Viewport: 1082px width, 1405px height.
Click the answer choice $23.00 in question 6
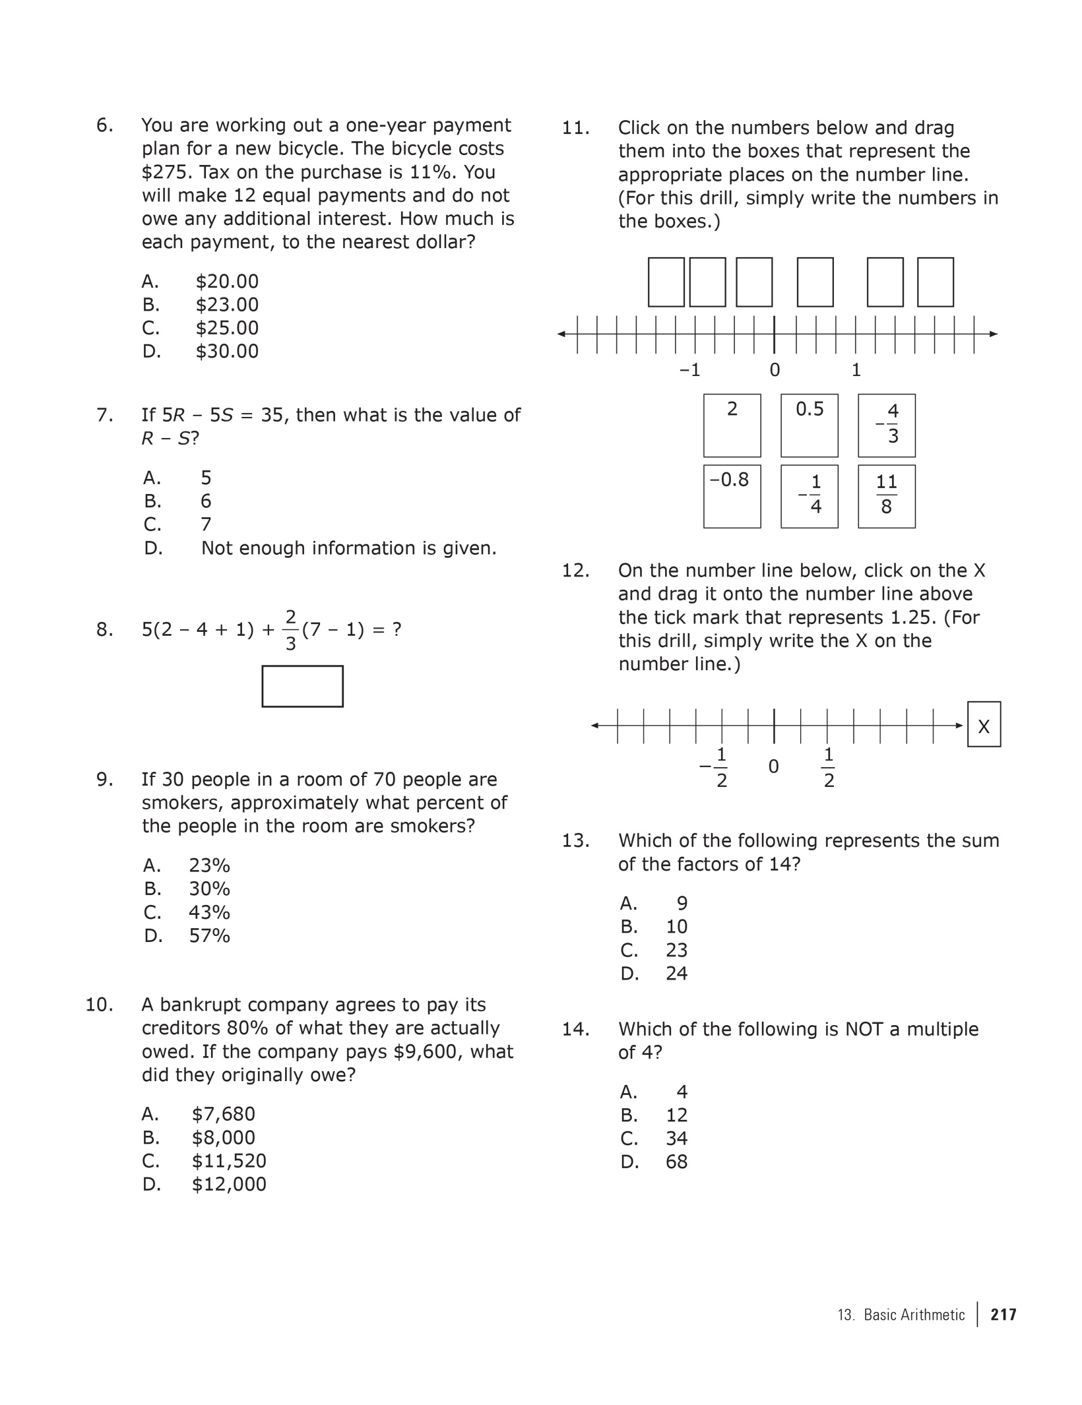coord(226,305)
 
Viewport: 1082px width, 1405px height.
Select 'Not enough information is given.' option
coord(348,548)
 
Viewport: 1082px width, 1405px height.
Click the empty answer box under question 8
coord(302,686)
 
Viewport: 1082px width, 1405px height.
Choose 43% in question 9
coord(209,912)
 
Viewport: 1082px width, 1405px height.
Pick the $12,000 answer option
coord(228,1184)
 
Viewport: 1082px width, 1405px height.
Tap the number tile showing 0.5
coord(809,425)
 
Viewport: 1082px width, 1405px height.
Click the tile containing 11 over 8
coord(886,496)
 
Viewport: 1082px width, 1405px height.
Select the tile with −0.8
coord(732,496)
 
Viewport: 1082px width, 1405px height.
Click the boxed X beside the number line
coord(983,724)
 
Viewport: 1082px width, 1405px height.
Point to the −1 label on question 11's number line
coord(689,370)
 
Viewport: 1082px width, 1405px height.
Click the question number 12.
coord(575,571)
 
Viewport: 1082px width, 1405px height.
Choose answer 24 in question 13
coord(676,974)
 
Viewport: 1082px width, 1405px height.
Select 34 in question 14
coord(676,1139)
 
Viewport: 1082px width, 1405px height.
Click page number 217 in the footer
coord(1003,1315)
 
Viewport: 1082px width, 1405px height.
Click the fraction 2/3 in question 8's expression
coord(290,630)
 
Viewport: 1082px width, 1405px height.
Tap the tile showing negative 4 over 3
coord(886,425)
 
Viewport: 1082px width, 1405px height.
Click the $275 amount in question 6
coord(166,172)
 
